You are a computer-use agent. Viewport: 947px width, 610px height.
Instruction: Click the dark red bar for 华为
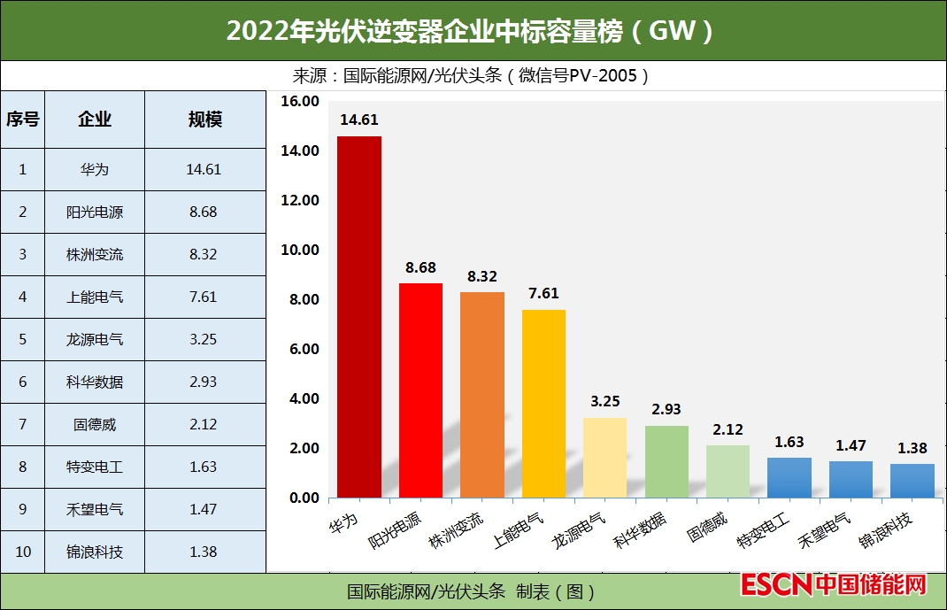coord(359,317)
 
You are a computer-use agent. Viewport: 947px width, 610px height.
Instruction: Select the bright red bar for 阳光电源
coord(420,390)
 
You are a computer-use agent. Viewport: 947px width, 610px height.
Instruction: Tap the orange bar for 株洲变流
coord(482,395)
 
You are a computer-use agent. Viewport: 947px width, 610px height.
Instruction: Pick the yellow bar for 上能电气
coord(543,404)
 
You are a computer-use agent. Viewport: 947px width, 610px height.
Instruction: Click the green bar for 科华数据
coord(666,461)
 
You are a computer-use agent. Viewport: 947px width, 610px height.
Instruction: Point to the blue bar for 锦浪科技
coord(912,481)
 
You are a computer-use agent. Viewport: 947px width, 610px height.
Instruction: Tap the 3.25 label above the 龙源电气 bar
coord(605,401)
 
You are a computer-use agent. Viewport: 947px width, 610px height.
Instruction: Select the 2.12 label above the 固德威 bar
coord(728,429)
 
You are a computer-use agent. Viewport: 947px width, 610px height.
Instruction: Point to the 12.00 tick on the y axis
coord(299,200)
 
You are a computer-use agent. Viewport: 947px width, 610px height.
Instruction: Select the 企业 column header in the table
coord(95,120)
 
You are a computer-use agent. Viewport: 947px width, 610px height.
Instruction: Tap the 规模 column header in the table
coord(205,120)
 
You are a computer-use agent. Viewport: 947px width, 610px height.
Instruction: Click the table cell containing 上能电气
coord(95,297)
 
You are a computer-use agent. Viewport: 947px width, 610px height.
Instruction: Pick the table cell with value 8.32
coord(204,254)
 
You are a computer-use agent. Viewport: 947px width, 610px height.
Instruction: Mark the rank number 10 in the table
coord(23,552)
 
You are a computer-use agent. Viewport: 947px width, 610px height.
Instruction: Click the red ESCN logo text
coord(776,585)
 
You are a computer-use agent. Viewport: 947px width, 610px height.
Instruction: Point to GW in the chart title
coord(673,31)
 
